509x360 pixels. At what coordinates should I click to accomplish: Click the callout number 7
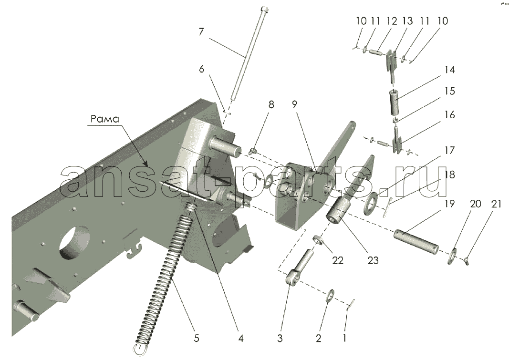coord(201,32)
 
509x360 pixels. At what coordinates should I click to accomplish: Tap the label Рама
coord(105,119)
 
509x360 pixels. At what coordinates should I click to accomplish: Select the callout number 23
coord(373,260)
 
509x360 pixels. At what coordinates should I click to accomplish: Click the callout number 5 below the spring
coord(197,338)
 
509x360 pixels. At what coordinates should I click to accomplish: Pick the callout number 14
coord(449,70)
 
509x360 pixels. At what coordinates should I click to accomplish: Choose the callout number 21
coord(495,204)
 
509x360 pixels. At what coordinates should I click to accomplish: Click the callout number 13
coord(407,21)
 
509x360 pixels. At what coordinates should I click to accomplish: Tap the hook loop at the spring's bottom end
coord(140,350)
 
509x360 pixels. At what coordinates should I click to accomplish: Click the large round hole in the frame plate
coord(75,242)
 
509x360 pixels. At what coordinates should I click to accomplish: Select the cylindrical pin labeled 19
coord(416,242)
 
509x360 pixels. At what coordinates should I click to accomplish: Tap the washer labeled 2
coord(330,295)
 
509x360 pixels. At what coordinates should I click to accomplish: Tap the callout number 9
coord(294,104)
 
